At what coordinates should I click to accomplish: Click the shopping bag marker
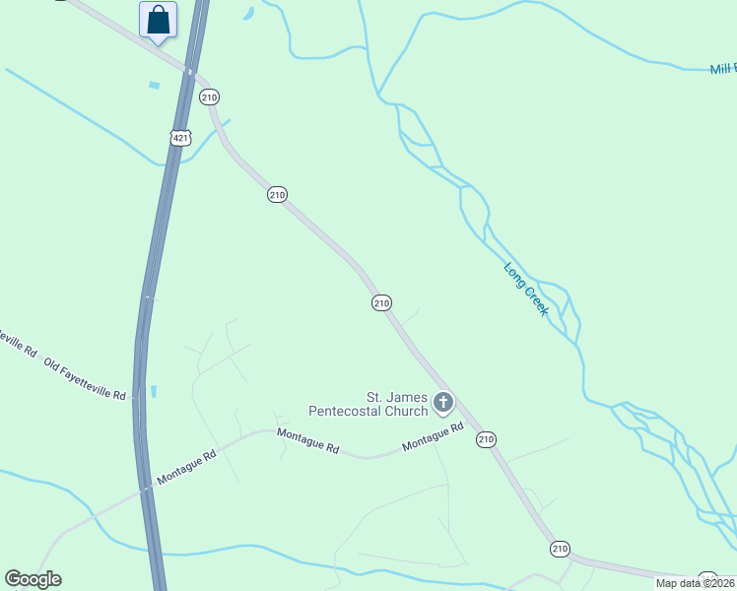pyautogui.click(x=158, y=21)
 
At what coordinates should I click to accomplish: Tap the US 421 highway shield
pyautogui.click(x=179, y=138)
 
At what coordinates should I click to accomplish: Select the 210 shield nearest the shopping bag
pyautogui.click(x=208, y=97)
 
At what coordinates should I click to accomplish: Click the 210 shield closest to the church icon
pyautogui.click(x=486, y=439)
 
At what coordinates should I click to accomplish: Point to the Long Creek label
pyautogui.click(x=525, y=288)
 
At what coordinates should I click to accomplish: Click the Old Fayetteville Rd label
pyautogui.click(x=86, y=379)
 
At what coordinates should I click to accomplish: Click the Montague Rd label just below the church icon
pyautogui.click(x=433, y=439)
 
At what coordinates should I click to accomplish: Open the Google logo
pyautogui.click(x=33, y=579)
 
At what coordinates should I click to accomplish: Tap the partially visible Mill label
pyautogui.click(x=722, y=70)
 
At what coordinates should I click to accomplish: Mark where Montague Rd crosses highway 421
pyautogui.click(x=146, y=487)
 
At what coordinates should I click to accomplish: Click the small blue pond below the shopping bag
pyautogui.click(x=154, y=85)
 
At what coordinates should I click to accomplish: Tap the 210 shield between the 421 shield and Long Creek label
pyautogui.click(x=277, y=195)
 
